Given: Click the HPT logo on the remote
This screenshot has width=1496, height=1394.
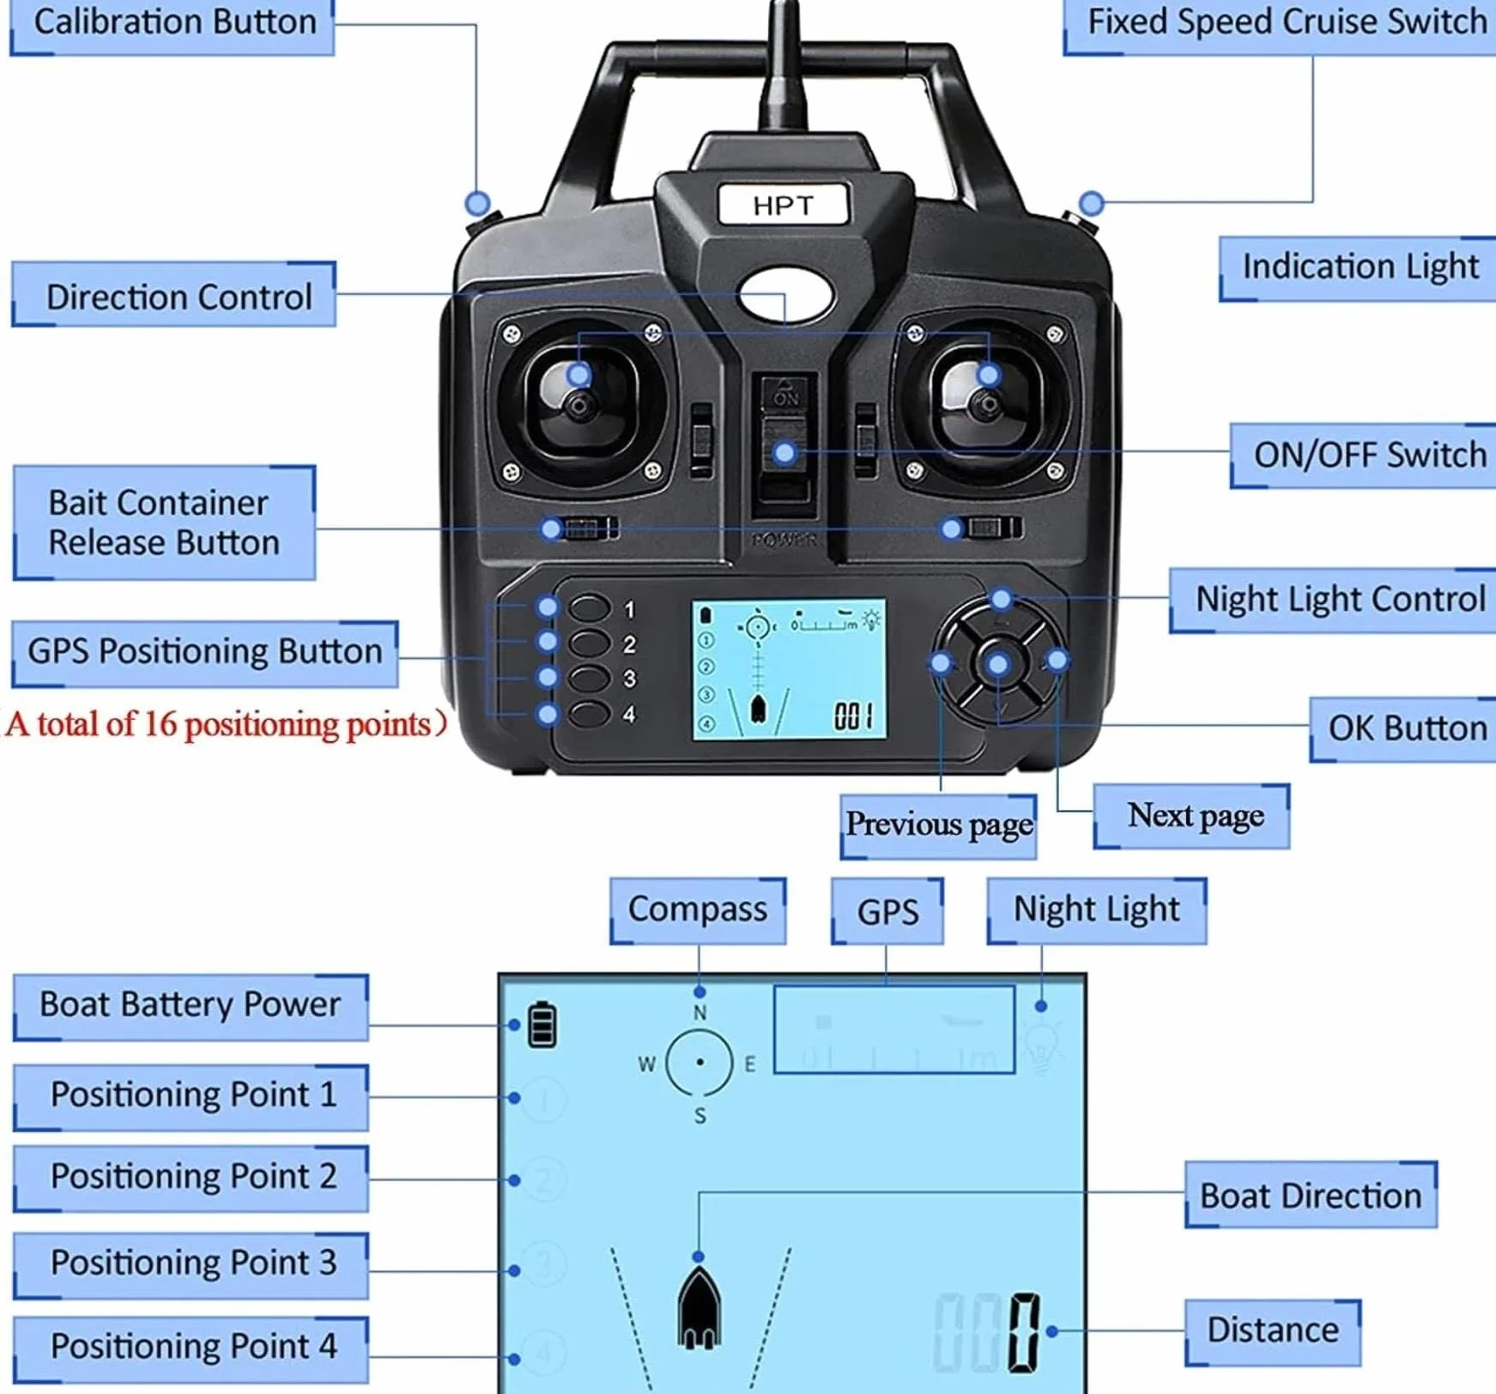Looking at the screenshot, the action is tap(783, 205).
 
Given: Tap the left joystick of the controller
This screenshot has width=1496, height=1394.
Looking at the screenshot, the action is tap(581, 403).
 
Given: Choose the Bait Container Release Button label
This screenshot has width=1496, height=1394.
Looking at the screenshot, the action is tap(164, 522).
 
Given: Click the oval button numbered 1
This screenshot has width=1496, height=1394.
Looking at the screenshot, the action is tap(589, 608).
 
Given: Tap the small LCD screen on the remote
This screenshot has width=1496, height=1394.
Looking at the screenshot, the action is tap(789, 669).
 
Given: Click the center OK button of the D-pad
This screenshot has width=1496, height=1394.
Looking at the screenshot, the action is tap(998, 663).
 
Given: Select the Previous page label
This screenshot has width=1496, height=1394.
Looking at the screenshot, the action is tap(938, 825).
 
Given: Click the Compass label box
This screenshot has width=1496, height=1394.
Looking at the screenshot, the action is tap(698, 910).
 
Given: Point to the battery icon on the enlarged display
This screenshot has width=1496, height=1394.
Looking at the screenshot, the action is tap(542, 1023).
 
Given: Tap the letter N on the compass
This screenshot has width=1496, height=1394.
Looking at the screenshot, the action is tap(700, 1013).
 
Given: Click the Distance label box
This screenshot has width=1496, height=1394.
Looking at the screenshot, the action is tap(1273, 1331).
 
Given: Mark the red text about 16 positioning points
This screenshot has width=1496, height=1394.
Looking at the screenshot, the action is tap(226, 725).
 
